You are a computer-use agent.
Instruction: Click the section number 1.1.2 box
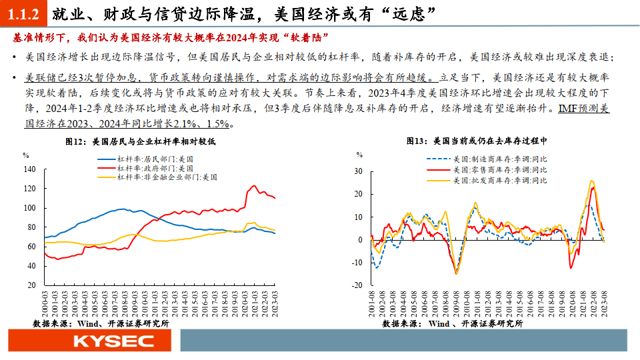[x=25, y=12]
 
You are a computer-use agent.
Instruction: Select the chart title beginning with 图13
[x=476, y=141]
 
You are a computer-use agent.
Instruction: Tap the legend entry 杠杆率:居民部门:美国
[x=155, y=159]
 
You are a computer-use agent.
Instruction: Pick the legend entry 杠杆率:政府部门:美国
[x=155, y=169]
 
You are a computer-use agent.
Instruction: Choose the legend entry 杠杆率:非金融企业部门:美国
[x=167, y=177]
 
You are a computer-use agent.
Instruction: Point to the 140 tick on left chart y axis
[x=29, y=169]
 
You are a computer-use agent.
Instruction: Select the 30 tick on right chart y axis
[x=358, y=171]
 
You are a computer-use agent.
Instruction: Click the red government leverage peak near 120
[x=253, y=186]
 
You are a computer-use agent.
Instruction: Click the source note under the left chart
[x=101, y=323]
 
